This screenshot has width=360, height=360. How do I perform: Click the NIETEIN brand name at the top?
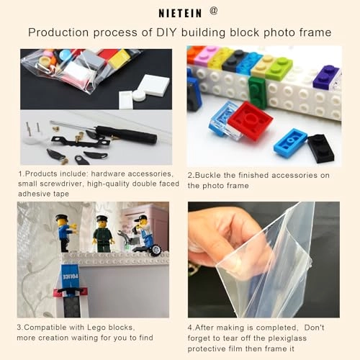pyautogui.click(x=180, y=13)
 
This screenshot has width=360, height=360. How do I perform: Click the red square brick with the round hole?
pyautogui.click(x=250, y=120)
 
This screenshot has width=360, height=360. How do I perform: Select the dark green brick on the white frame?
pyautogui.click(x=257, y=92)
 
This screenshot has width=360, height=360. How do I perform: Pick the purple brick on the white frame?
pyautogui.click(x=326, y=77)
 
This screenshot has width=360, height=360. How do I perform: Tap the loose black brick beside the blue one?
pyautogui.click(x=320, y=148)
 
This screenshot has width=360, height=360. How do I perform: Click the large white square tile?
pyautogui.click(x=154, y=84)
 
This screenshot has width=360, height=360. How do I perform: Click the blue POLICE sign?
pyautogui.click(x=70, y=276)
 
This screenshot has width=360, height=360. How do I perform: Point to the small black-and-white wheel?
pyautogui.click(x=156, y=251)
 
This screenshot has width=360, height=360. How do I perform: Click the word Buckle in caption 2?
pyautogui.click(x=208, y=175)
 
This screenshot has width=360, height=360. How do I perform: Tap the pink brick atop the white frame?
pyautogui.click(x=207, y=55)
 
